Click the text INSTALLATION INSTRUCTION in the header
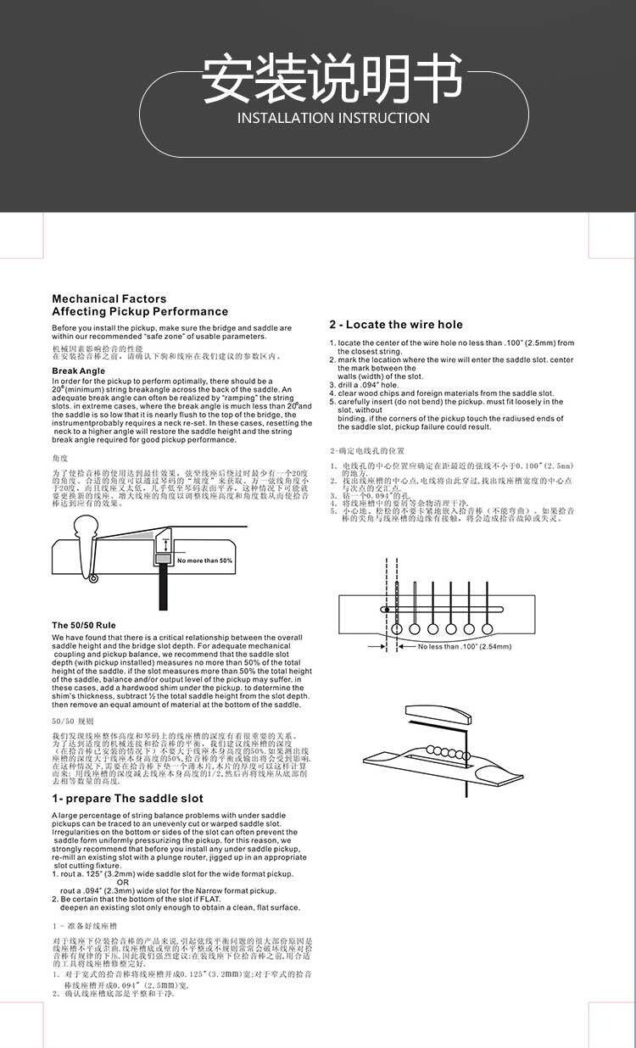point(333,118)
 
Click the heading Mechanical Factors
point(109,298)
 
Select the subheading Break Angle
point(78,371)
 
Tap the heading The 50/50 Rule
point(83,625)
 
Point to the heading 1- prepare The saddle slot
point(127,799)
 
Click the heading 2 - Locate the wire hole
point(396,325)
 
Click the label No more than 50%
point(204,560)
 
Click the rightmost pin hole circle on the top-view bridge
point(487,628)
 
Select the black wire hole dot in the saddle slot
point(387,609)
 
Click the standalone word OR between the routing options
point(122,882)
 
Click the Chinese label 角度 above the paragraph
point(59,458)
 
